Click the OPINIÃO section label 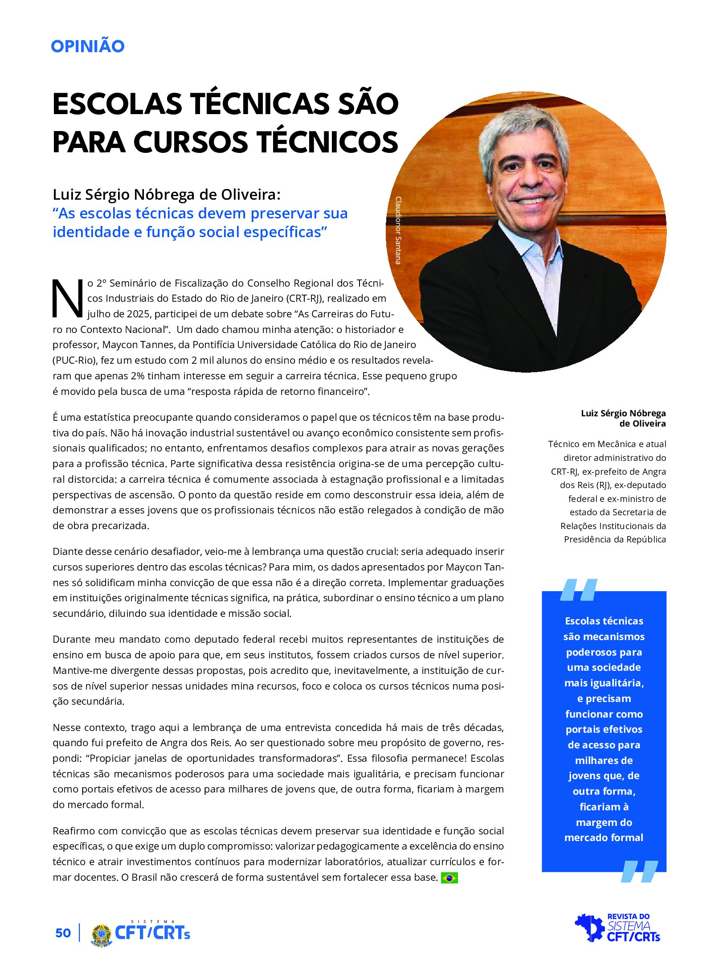[x=87, y=46]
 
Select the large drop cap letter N [x=68, y=299]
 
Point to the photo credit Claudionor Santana [x=398, y=230]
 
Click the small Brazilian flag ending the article [x=449, y=878]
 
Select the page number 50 [x=63, y=933]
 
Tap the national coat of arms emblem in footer [x=101, y=934]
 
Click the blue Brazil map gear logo [x=589, y=928]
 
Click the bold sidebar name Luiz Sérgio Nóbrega [x=623, y=413]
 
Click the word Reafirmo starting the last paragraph [x=73, y=831]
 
